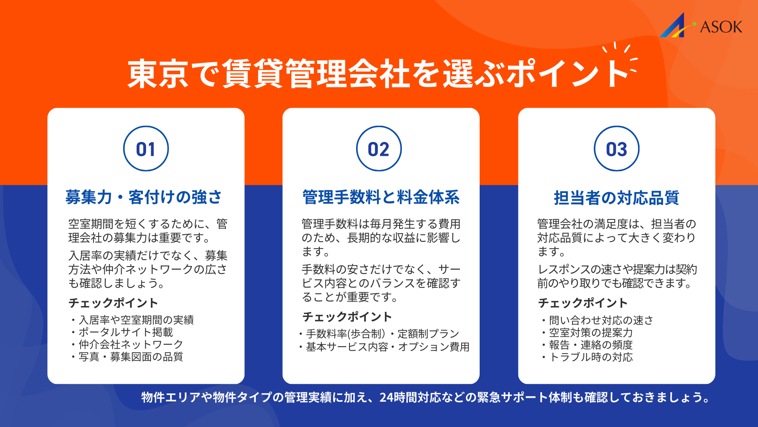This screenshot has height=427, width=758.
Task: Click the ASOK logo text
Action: click(x=721, y=27)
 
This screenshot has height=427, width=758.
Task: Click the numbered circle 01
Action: click(x=146, y=149)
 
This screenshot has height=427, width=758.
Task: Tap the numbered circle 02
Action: click(x=379, y=149)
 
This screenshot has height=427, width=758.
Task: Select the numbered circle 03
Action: click(x=616, y=149)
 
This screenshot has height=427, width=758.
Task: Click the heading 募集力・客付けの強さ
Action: click(x=144, y=197)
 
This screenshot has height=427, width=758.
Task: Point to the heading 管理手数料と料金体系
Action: click(x=381, y=197)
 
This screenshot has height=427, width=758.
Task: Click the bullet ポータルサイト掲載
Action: click(x=126, y=332)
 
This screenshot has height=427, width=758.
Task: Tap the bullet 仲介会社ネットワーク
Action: click(x=131, y=344)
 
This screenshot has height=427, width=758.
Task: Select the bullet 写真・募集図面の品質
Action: click(x=131, y=357)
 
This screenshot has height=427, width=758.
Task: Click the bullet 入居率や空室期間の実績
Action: click(x=136, y=320)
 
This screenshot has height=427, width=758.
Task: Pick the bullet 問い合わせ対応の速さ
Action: click(x=601, y=320)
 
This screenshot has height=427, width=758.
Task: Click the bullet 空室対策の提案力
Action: click(x=591, y=333)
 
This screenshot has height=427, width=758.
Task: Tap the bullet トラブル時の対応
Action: click(x=591, y=357)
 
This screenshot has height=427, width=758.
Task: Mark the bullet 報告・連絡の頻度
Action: click(x=591, y=345)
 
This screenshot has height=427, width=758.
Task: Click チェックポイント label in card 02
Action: click(x=347, y=317)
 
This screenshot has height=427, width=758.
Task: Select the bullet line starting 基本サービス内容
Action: click(x=387, y=347)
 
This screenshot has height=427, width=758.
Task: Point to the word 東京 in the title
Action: click(x=158, y=74)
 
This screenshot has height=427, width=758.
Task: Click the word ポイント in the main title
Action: click(x=568, y=74)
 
